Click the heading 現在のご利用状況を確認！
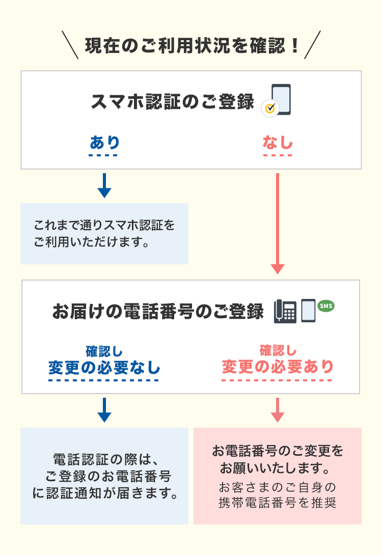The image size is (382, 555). tap(192, 45)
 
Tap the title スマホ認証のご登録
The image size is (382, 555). tap(172, 102)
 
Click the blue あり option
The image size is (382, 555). tap(104, 143)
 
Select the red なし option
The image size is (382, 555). tap(278, 143)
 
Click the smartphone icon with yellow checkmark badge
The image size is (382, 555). tap(281, 99)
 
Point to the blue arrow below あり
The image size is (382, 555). tap(104, 185)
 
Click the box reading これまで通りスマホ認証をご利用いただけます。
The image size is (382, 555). tap(104, 233)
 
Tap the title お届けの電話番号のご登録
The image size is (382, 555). tap(158, 311)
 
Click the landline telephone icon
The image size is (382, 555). tap(285, 311)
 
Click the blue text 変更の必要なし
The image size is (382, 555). tap(104, 367)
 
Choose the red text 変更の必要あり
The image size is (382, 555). tap(278, 367)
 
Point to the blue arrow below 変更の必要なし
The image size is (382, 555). tap(104, 410)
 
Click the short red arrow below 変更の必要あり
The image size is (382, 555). tap(278, 410)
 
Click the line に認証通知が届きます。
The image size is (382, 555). tap(104, 493)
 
